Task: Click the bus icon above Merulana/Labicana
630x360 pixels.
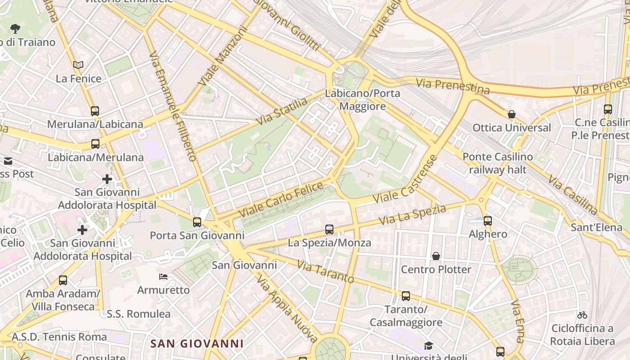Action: coord(94,111)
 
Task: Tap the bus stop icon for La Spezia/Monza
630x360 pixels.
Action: coord(329,229)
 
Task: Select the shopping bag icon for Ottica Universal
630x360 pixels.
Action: coord(511,114)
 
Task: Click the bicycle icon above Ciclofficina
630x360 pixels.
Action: coord(582,315)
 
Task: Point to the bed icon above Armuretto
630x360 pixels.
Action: coord(163,276)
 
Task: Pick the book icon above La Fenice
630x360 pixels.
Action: coord(78,65)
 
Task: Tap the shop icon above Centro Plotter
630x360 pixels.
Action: coord(436,256)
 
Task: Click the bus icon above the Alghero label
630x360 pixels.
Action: coord(488,221)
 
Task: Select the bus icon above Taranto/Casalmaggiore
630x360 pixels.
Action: coord(406,296)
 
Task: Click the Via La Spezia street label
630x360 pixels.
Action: coord(412,215)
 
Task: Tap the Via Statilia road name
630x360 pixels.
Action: coord(282,111)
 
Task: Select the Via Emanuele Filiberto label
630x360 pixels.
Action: coord(173,106)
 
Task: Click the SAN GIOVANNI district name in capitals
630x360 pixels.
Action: coord(197,344)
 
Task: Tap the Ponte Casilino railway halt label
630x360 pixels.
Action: coord(498,163)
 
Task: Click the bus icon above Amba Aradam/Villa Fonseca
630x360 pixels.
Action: coord(63,280)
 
